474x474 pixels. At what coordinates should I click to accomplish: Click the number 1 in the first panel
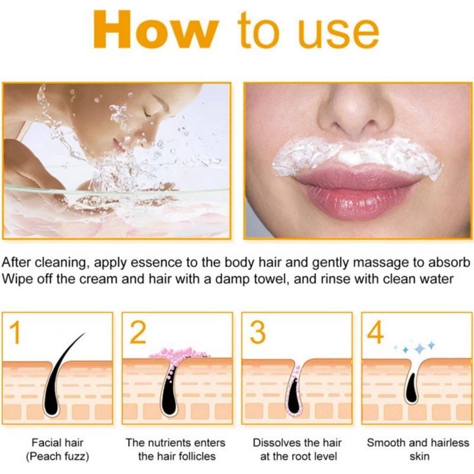[16, 333]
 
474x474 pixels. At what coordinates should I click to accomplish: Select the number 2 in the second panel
[137, 333]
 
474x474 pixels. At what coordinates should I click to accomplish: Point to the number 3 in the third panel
[257, 333]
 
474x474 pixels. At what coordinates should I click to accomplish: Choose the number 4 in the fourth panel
[376, 333]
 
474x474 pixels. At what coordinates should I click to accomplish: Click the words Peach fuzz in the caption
[57, 456]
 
